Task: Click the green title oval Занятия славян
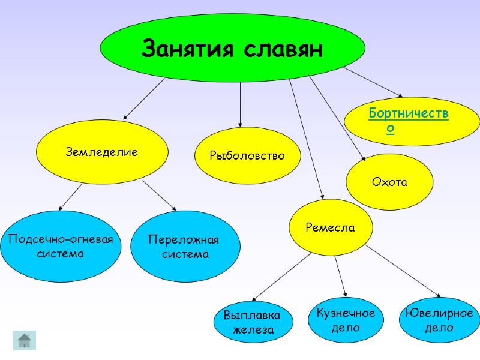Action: tap(232, 48)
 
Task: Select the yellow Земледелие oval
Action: tap(101, 152)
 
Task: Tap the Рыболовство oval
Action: tap(247, 155)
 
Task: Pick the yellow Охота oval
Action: tap(389, 182)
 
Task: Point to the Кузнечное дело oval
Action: tap(345, 320)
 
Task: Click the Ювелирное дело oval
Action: tap(439, 320)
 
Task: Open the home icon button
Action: tap(25, 340)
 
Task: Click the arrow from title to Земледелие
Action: tap(144, 98)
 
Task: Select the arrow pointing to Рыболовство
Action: tap(240, 105)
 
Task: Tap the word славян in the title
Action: tap(284, 48)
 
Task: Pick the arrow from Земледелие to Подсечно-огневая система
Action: tap(71, 197)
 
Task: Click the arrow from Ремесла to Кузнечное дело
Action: tap(340, 275)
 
